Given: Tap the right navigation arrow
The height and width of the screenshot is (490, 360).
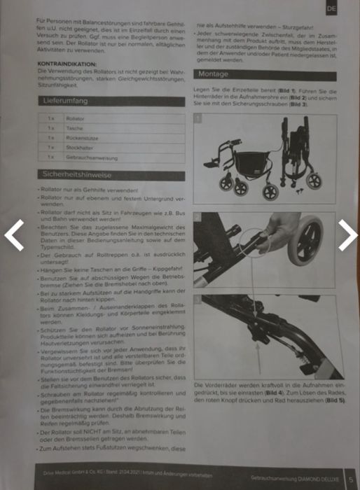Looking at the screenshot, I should pos(348,236).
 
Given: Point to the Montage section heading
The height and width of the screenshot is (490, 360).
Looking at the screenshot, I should pos(214,73).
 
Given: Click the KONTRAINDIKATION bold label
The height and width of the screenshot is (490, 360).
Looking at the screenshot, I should pos(68,64).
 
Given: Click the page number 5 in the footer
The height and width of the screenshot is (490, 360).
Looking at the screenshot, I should pos(350,480).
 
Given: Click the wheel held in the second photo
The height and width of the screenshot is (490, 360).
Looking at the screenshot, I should pos(308,245).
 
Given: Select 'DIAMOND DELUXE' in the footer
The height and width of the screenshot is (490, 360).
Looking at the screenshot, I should pos(319,480).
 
